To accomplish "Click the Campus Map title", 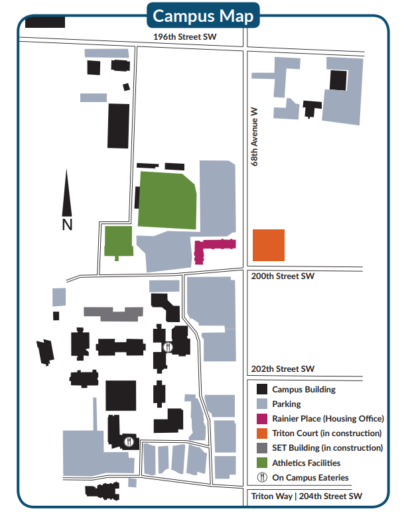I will pyautogui.click(x=203, y=16).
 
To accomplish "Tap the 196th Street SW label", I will pyautogui.click(x=185, y=38).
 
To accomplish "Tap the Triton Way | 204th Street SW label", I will pyautogui.click(x=306, y=496).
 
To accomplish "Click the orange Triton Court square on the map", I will pyautogui.click(x=269, y=245).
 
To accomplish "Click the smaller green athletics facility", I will pyautogui.click(x=118, y=241).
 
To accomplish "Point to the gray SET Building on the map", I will pyautogui.click(x=113, y=313).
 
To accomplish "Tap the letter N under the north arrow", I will pyautogui.click(x=67, y=225).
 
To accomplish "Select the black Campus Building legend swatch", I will pyautogui.click(x=262, y=390).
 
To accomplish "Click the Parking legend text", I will pyautogui.click(x=287, y=404).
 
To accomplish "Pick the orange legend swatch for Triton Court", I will pyautogui.click(x=262, y=434).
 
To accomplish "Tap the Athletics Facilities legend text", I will pyautogui.click(x=306, y=463).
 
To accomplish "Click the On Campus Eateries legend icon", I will pyautogui.click(x=262, y=477).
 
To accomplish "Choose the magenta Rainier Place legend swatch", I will pyautogui.click(x=262, y=419).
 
